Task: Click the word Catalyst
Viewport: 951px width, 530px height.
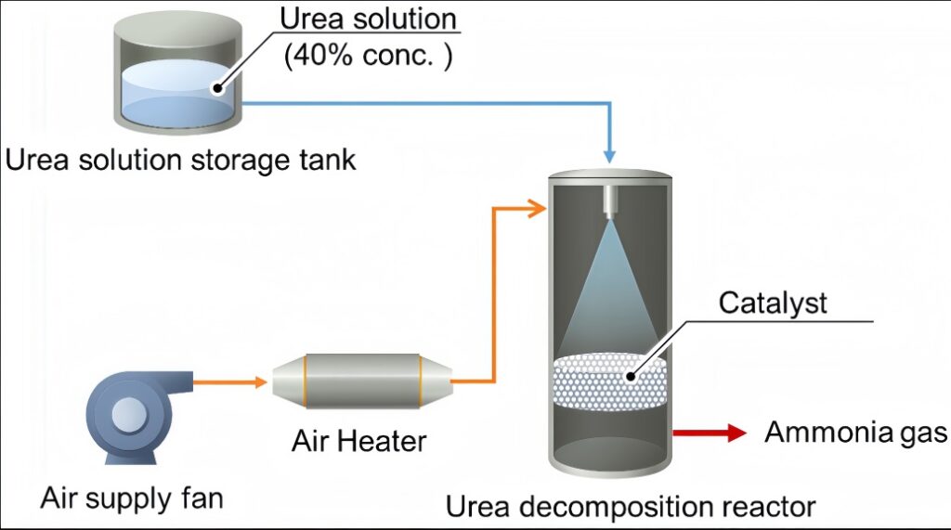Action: point(773,304)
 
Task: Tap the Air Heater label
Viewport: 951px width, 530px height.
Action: point(358,439)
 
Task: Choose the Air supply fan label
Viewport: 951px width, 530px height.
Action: point(132,498)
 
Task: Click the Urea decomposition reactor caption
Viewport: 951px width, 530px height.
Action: point(631,507)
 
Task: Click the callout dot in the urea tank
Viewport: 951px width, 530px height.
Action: point(217,89)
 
